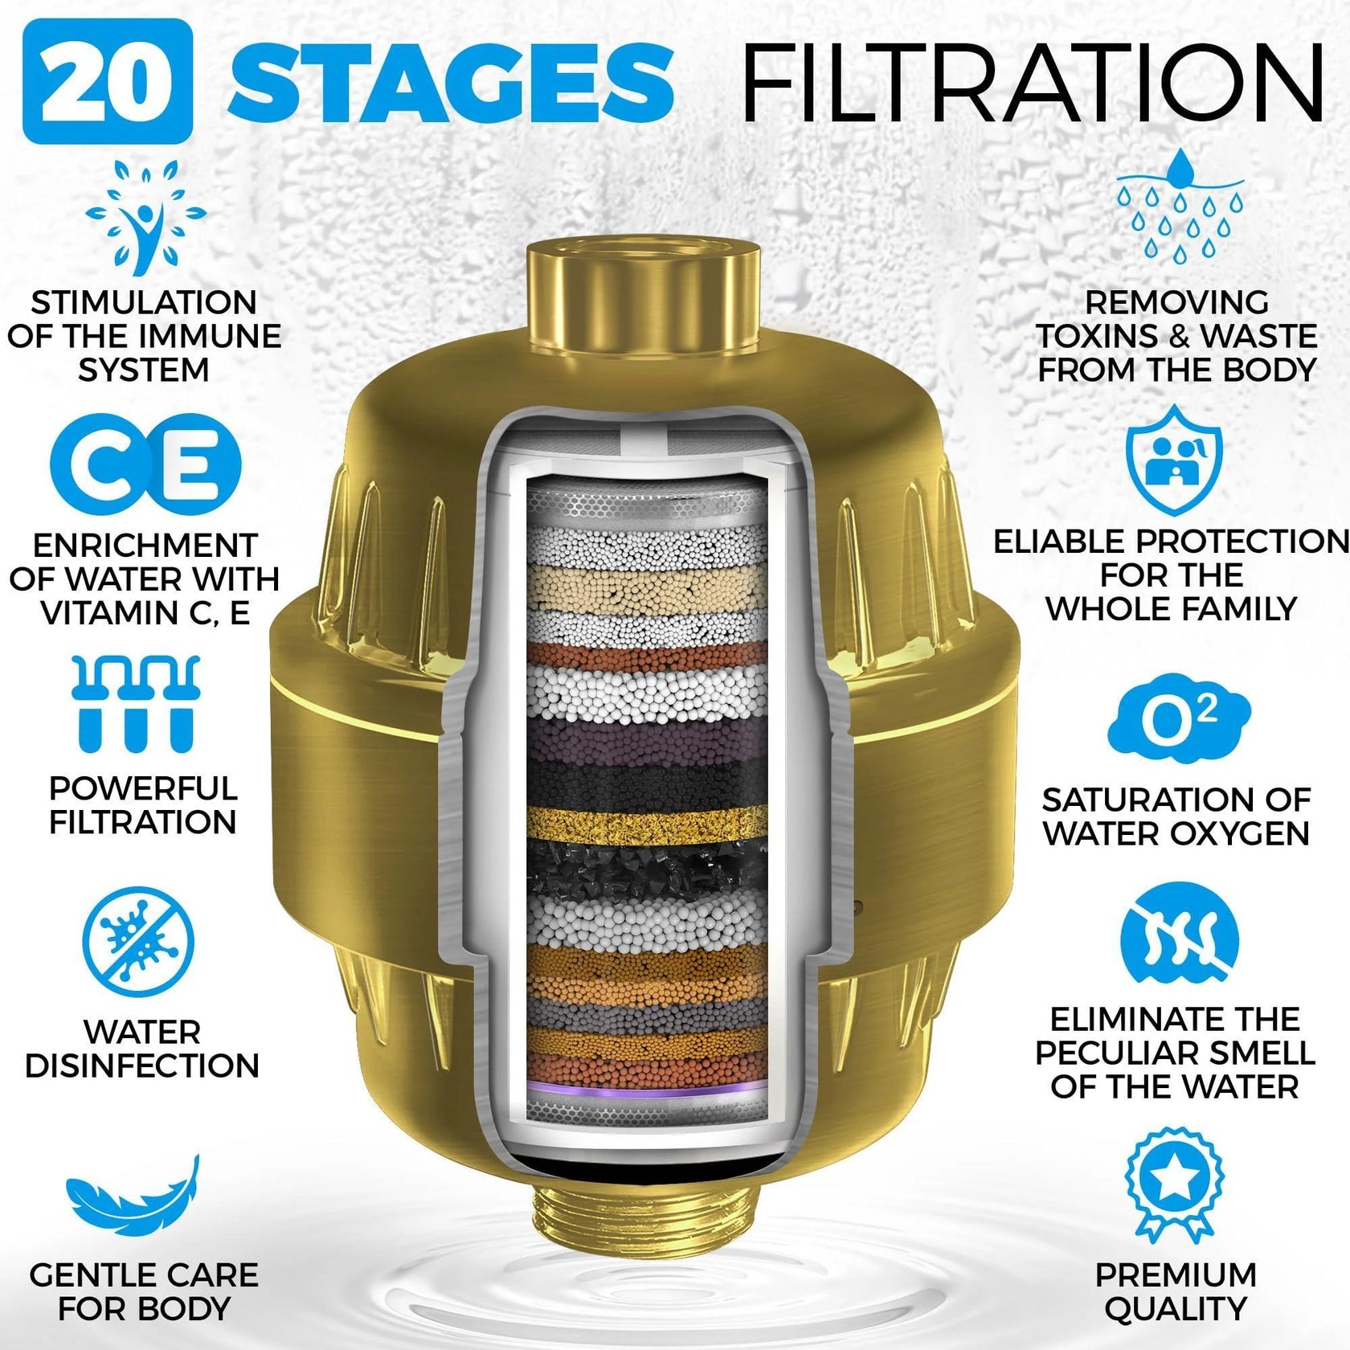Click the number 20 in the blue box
point(107,82)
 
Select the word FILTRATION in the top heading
point(1032,84)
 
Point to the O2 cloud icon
point(1178,718)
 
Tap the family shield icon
point(1174,460)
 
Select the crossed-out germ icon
point(138,942)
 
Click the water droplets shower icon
point(1179,207)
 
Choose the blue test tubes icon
point(135,703)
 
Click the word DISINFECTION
point(142,1066)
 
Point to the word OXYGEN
point(1232,833)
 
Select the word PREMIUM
point(1176,1274)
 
